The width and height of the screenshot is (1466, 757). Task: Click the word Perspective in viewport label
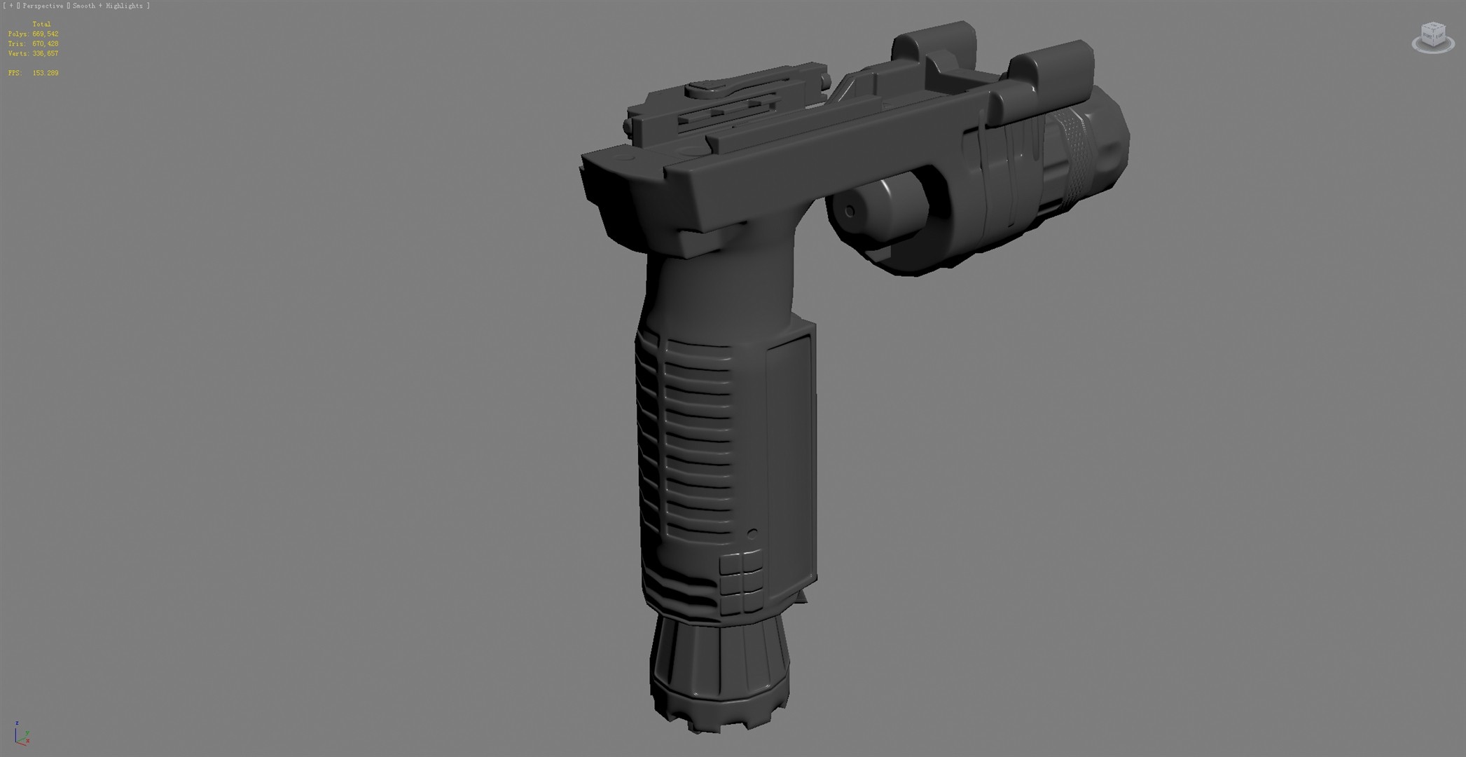(43, 6)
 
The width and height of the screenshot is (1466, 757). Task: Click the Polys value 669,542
(45, 34)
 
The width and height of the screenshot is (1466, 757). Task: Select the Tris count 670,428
(45, 43)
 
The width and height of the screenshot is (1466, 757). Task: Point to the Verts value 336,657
(45, 53)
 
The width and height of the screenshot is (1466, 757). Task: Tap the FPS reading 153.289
(45, 73)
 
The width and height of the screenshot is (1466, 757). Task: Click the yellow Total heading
(41, 24)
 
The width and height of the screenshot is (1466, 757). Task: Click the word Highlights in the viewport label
(125, 6)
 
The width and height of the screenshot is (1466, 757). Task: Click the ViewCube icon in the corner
(1432, 36)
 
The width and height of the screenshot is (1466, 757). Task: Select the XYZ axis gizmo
(22, 733)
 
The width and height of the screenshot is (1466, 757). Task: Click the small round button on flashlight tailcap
(850, 211)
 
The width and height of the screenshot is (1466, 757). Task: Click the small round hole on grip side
(752, 533)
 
